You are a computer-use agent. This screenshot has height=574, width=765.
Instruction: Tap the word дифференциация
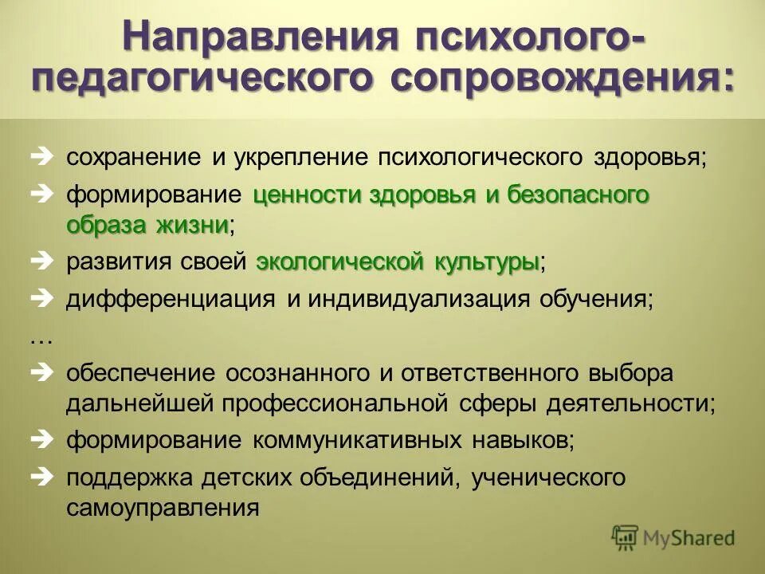[170, 300]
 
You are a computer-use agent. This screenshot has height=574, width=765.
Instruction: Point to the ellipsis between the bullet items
[40, 338]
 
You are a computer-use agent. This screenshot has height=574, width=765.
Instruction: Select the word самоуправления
[163, 508]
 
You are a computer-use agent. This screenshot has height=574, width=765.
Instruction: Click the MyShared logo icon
[626, 538]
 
